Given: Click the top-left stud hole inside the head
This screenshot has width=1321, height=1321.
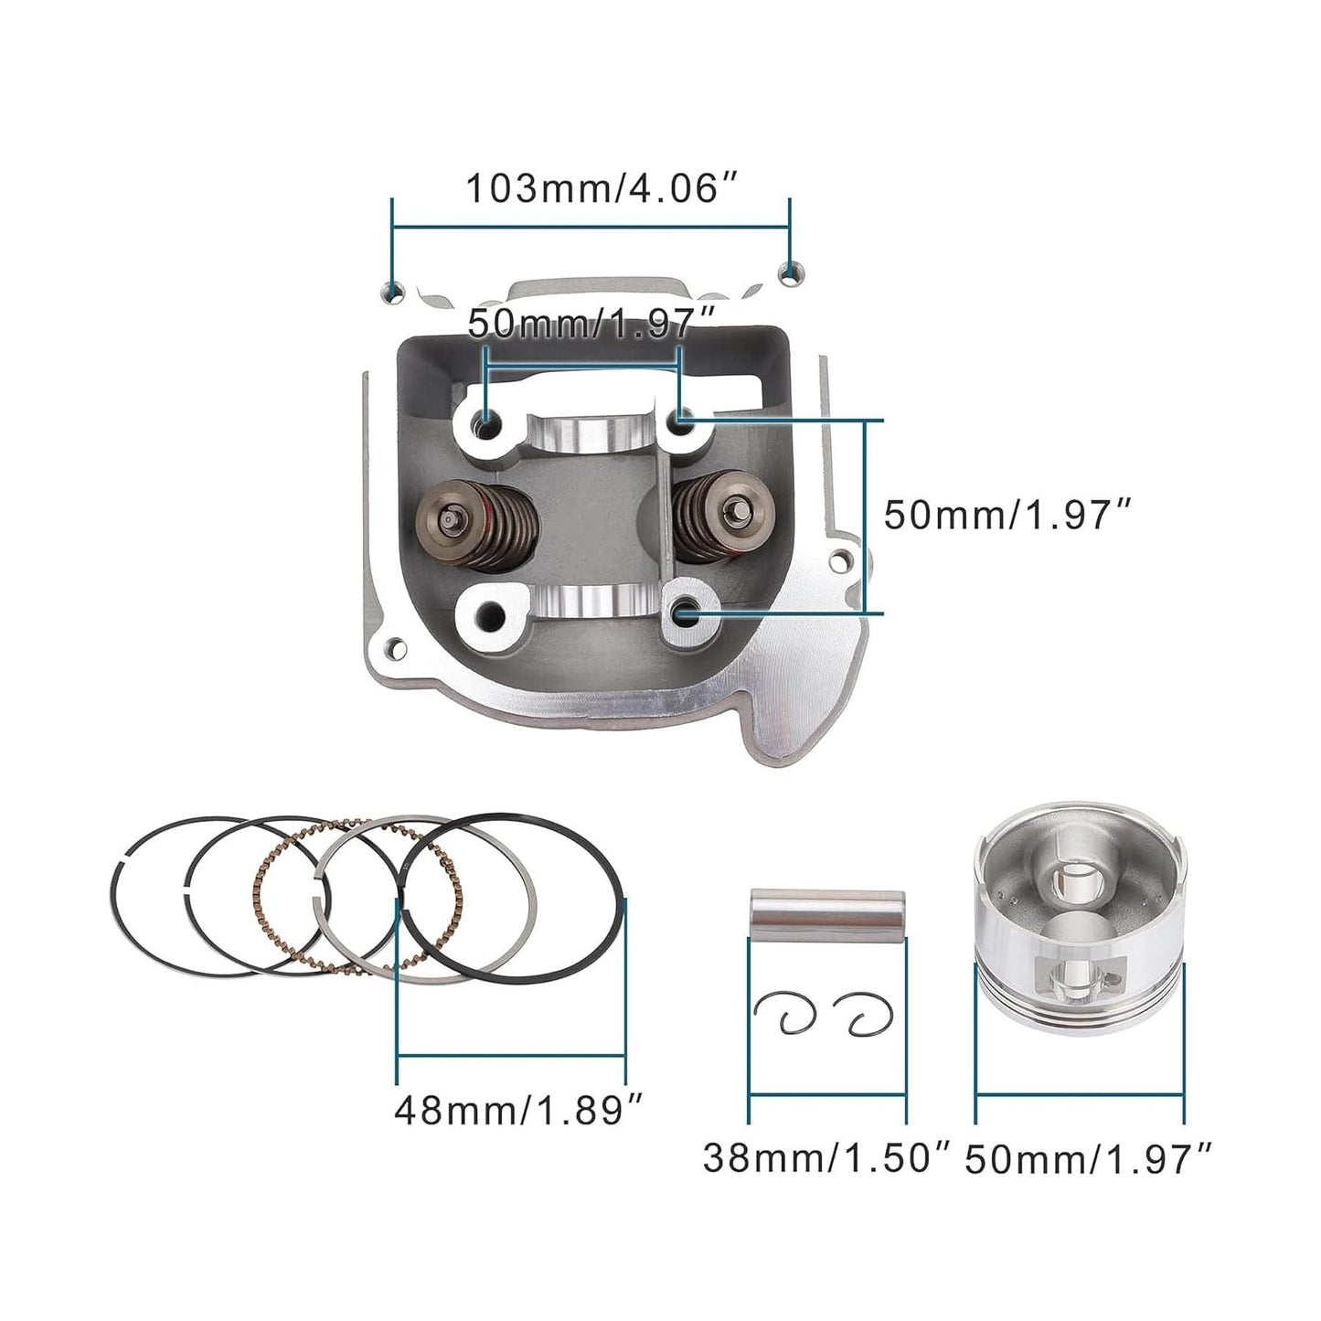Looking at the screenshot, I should (485, 422).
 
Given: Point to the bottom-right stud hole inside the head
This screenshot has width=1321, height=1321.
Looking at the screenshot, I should (683, 614).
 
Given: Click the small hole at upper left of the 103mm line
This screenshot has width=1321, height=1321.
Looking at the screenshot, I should (393, 292).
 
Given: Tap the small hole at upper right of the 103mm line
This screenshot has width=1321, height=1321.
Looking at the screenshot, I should (790, 271).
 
